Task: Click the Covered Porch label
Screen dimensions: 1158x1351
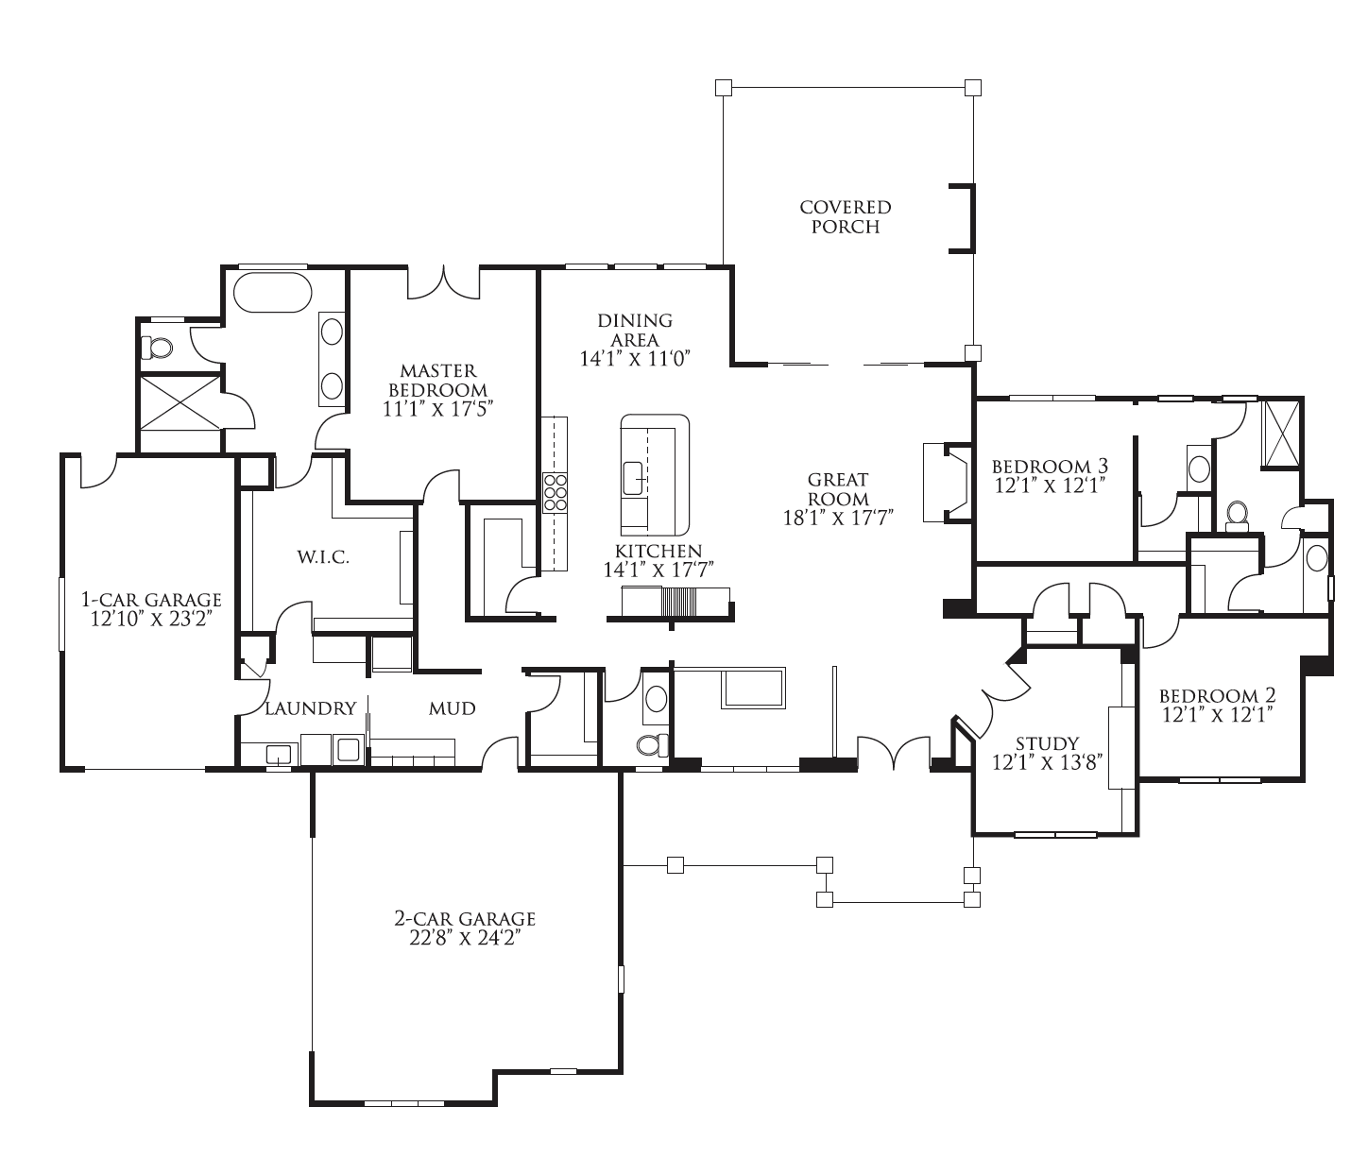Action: click(x=845, y=216)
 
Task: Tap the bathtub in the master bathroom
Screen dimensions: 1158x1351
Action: click(x=272, y=292)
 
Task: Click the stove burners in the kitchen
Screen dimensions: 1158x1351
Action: click(x=554, y=492)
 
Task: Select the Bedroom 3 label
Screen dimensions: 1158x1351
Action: click(x=1049, y=467)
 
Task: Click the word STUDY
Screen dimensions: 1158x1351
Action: click(x=1047, y=744)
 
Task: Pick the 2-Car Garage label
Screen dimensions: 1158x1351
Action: click(x=465, y=918)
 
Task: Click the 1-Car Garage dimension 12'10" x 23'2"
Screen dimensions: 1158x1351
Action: click(x=151, y=619)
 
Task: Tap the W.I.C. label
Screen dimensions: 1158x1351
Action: click(x=323, y=557)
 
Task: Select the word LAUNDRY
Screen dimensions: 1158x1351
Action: click(x=310, y=708)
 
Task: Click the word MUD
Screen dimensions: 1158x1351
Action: click(x=452, y=708)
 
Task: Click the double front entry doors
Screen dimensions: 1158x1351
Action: click(x=892, y=753)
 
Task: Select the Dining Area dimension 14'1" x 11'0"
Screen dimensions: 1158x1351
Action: click(x=637, y=359)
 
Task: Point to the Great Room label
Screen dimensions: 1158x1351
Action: click(x=838, y=489)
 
